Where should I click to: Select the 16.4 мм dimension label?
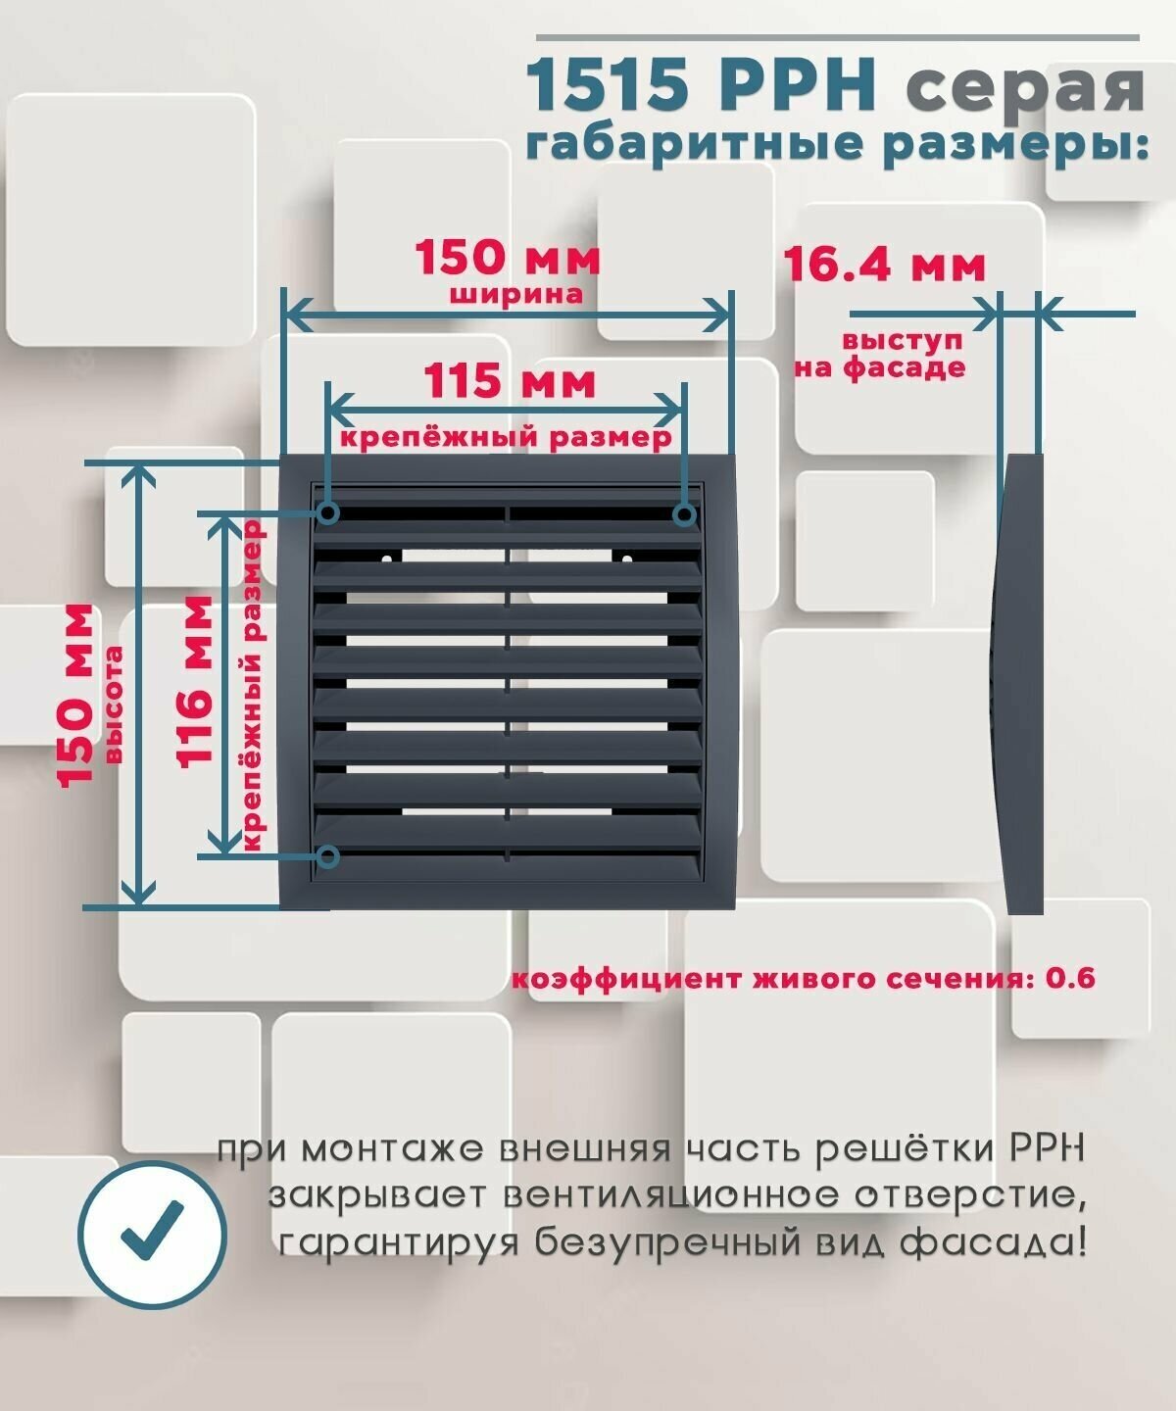tap(884, 265)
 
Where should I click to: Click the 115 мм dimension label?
tap(509, 381)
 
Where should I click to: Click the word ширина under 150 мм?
tap(516, 294)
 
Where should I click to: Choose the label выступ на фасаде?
tap(879, 355)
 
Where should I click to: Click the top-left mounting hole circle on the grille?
tap(329, 512)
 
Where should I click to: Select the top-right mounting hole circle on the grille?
tap(685, 513)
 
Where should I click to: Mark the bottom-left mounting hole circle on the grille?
tap(329, 857)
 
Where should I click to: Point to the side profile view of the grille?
tap(1015, 684)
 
